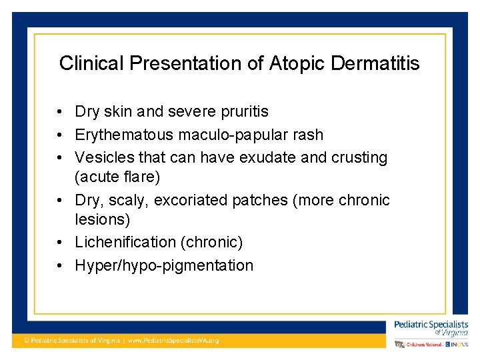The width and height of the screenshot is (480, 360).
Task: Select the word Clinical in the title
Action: coord(92,63)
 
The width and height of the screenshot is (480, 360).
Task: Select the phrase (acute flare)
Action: coord(117,177)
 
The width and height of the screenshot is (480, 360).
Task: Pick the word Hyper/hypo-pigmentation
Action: coord(164,265)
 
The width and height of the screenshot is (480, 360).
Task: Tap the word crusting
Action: coord(362,157)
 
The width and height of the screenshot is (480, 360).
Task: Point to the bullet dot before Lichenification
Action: coord(60,243)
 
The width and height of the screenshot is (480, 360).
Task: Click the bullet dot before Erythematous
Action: coord(60,135)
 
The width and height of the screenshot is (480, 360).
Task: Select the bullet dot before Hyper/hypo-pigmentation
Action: coord(60,266)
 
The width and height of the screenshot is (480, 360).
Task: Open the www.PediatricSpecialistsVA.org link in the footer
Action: coord(173,340)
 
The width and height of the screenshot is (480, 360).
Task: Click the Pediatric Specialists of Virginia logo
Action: coord(431,328)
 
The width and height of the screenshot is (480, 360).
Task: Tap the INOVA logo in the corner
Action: coord(458,344)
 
